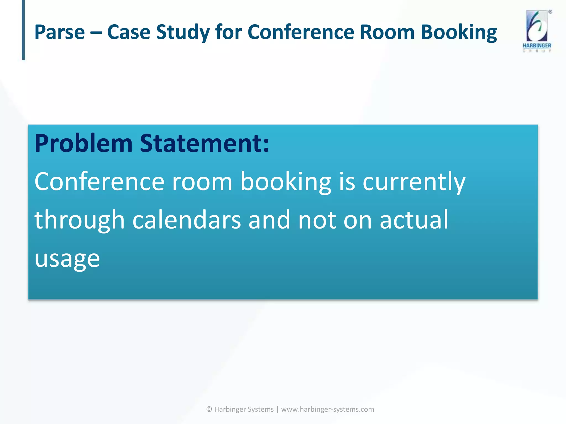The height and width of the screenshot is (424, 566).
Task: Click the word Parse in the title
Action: pyautogui.click(x=59, y=32)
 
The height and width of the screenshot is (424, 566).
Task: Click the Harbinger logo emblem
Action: pyautogui.click(x=537, y=26)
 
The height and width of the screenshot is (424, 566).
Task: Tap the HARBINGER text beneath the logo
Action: pyautogui.click(x=537, y=46)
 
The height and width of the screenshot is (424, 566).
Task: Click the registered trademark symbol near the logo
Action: pyautogui.click(x=550, y=12)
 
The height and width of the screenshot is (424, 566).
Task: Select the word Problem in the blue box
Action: pyautogui.click(x=84, y=144)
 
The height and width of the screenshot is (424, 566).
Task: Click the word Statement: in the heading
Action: pyautogui.click(x=204, y=144)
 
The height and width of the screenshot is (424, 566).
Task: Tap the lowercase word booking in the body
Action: pyautogui.click(x=286, y=182)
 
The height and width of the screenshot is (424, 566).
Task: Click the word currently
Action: pyautogui.click(x=414, y=182)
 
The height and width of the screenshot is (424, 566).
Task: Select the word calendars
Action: pyautogui.click(x=187, y=220)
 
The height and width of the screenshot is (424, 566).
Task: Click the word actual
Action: pyautogui.click(x=414, y=220)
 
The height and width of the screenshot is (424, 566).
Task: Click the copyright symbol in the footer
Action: pyautogui.click(x=209, y=409)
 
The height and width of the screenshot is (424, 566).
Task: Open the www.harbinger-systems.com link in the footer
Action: pyautogui.click(x=327, y=409)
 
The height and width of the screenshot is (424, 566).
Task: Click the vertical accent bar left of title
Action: pyautogui.click(x=23, y=30)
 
